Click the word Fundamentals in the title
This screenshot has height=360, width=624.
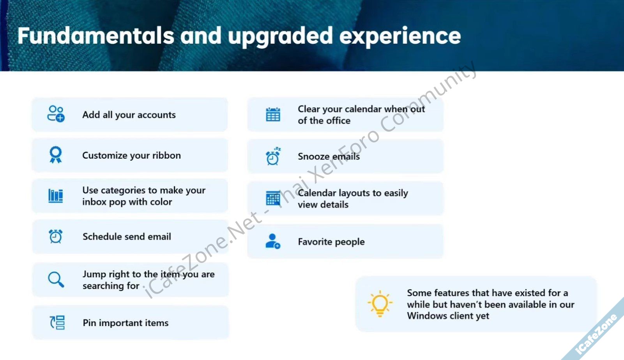[96, 36]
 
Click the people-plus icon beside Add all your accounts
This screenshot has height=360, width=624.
[56, 114]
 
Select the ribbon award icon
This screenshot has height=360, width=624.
[56, 154]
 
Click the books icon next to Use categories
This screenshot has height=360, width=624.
[56, 196]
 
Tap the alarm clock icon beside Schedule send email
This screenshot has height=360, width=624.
[56, 236]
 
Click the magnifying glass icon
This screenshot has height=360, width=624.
[56, 279]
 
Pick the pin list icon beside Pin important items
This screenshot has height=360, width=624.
[57, 323]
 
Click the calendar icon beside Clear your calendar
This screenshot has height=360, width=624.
[273, 114]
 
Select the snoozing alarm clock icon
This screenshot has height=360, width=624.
[273, 156]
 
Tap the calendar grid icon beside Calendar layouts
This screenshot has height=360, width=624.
[273, 198]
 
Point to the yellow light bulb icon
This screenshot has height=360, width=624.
[380, 304]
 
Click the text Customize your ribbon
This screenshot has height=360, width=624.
[131, 155]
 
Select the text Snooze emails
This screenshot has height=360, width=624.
[329, 156]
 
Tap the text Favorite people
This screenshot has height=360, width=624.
[331, 242]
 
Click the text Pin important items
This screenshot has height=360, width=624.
[126, 323]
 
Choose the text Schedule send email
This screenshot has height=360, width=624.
[127, 236]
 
